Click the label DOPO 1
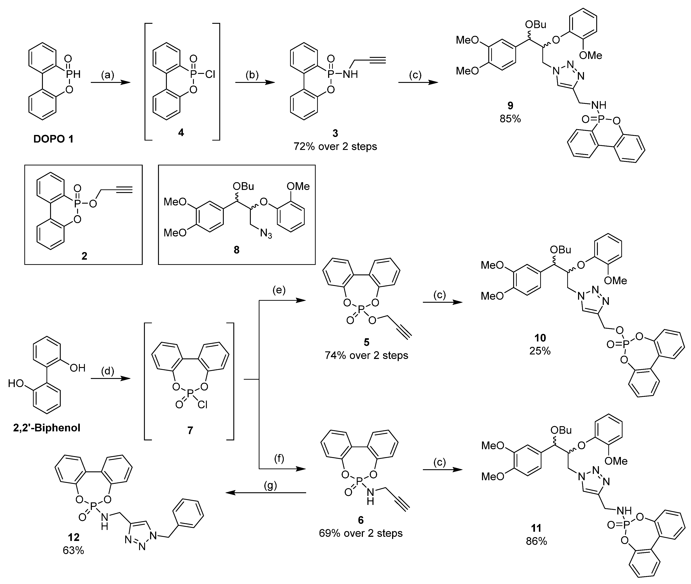click(x=53, y=139)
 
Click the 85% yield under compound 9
click(x=510, y=119)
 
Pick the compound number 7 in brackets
click(x=190, y=430)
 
